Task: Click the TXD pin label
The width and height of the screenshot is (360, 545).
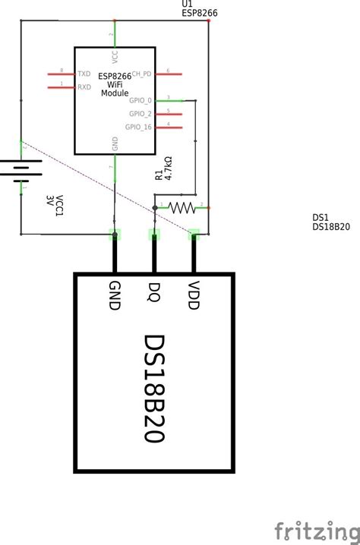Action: point(84,74)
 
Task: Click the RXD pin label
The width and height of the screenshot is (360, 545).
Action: point(84,87)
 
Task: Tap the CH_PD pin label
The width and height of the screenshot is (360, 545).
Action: point(142,74)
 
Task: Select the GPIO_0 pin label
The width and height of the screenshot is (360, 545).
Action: point(141,100)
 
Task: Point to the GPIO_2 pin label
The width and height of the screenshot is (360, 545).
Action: point(141,113)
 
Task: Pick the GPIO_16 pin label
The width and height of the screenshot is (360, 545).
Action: point(139,127)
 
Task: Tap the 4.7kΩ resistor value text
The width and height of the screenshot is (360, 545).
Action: point(169,168)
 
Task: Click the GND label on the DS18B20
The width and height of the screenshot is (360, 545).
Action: point(115,295)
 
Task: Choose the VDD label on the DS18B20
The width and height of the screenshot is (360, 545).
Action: point(193,295)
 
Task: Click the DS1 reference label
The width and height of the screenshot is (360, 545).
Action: point(320,218)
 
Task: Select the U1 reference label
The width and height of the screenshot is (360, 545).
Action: point(187,4)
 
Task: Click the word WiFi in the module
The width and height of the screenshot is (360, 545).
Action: point(114,84)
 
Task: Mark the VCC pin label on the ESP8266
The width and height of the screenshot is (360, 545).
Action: point(115,56)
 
